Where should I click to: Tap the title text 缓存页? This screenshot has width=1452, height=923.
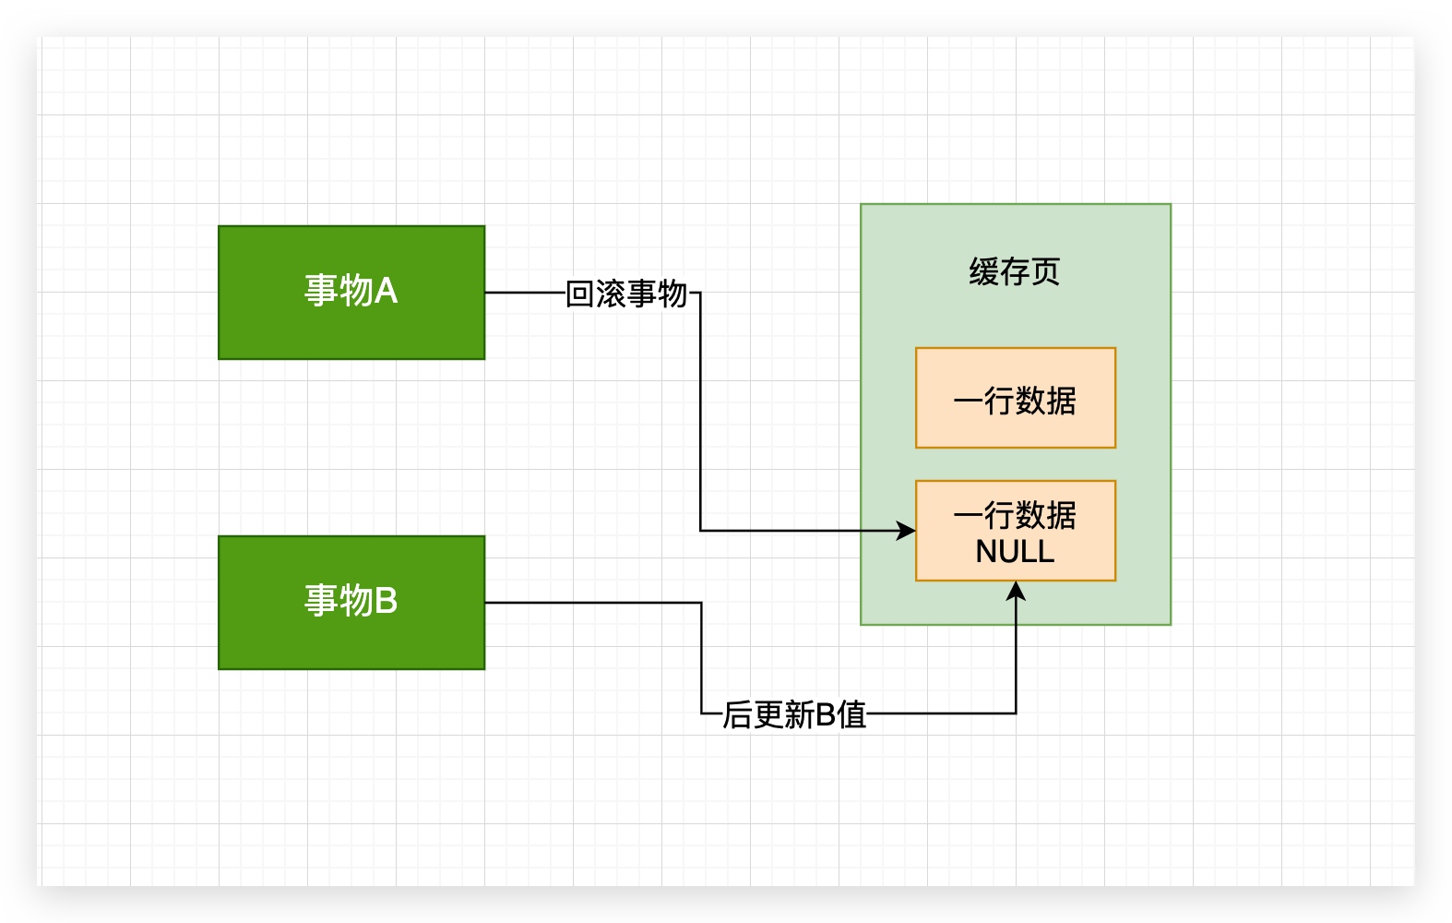1015,272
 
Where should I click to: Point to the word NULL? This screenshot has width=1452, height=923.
1015,552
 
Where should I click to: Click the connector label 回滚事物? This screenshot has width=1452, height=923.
626,294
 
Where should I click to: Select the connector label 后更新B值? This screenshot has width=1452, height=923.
794,714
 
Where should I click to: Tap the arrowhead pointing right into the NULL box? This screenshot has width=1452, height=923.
907,531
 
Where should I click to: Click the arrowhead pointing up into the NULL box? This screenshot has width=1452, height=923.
1016,591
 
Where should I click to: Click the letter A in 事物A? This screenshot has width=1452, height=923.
387,291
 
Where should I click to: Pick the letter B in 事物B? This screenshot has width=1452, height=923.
387,601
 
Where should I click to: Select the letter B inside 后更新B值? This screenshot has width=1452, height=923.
825,714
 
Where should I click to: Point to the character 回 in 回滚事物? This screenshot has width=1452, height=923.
580,294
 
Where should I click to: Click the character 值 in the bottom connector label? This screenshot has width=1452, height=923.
852,714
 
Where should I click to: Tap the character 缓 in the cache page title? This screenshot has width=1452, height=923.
983,272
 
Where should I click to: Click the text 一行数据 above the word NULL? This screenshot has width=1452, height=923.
1015,515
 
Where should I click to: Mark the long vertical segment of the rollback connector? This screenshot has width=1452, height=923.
700,415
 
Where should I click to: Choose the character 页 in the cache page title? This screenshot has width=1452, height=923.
1046,272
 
